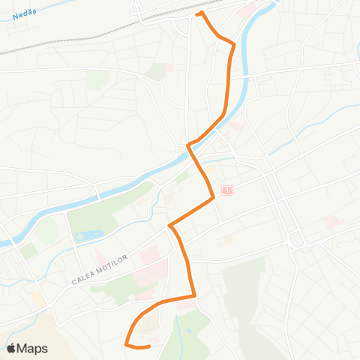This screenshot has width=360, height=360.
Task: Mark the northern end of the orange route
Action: click(x=198, y=13)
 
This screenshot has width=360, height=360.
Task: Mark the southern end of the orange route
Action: click(x=150, y=346)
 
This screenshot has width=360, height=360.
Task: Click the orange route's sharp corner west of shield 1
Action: click(x=171, y=224)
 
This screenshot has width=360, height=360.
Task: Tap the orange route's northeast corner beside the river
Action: click(x=234, y=46)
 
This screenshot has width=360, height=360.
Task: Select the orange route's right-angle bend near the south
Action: click(x=195, y=295)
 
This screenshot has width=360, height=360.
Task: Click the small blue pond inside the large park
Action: click(x=88, y=236)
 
